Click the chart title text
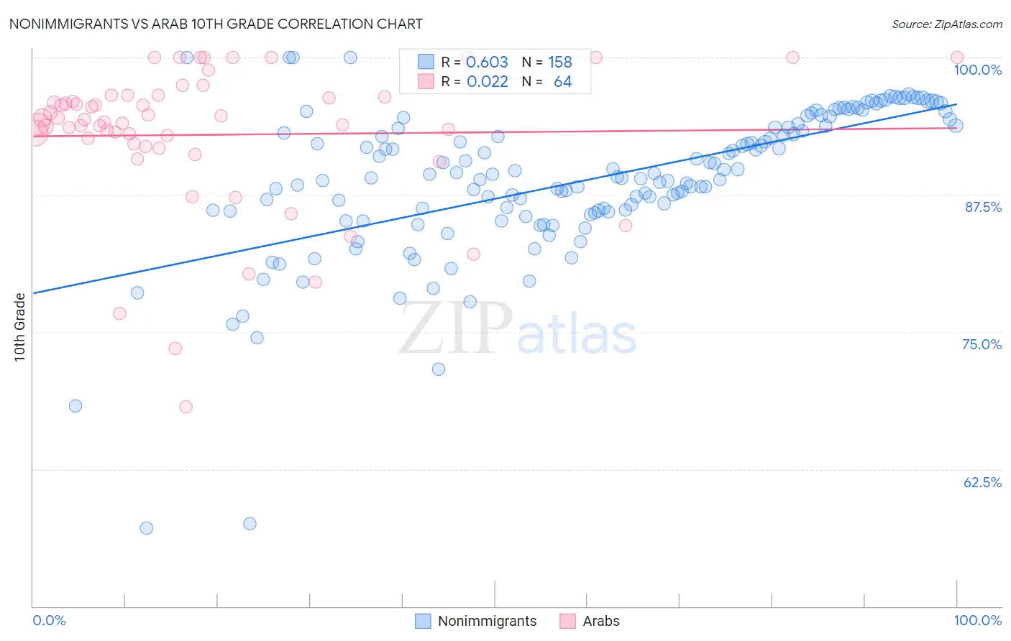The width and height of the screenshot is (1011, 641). pyautogui.click(x=216, y=24)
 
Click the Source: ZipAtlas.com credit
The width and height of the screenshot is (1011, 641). pyautogui.click(x=946, y=24)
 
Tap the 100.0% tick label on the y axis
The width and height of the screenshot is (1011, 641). pyautogui.click(x=977, y=70)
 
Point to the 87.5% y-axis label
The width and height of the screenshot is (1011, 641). pyautogui.click(x=983, y=207)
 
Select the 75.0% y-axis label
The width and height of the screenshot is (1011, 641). pyautogui.click(x=982, y=344)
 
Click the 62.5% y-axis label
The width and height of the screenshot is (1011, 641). pyautogui.click(x=982, y=482)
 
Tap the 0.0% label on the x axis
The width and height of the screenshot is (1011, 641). pyautogui.click(x=49, y=620)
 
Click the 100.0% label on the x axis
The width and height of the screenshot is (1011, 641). pyautogui.click(x=977, y=620)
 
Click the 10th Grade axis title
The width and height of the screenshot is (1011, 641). pyautogui.click(x=20, y=327)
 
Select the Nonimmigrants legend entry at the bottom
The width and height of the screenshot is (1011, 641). pyautogui.click(x=487, y=621)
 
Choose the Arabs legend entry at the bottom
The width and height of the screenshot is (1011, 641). pyautogui.click(x=600, y=621)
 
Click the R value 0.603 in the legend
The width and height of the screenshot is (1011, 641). pyautogui.click(x=487, y=63)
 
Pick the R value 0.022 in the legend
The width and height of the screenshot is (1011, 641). pyautogui.click(x=487, y=82)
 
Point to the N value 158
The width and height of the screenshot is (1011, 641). pyautogui.click(x=559, y=63)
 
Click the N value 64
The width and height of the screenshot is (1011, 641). pyautogui.click(x=562, y=82)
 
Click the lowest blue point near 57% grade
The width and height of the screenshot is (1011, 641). pyautogui.click(x=146, y=528)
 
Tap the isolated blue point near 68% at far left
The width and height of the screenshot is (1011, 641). pyautogui.click(x=76, y=406)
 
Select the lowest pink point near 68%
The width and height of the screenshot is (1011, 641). pyautogui.click(x=186, y=407)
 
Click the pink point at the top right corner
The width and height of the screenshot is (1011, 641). pyautogui.click(x=957, y=57)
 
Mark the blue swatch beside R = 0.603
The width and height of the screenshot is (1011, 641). pyautogui.click(x=426, y=62)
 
